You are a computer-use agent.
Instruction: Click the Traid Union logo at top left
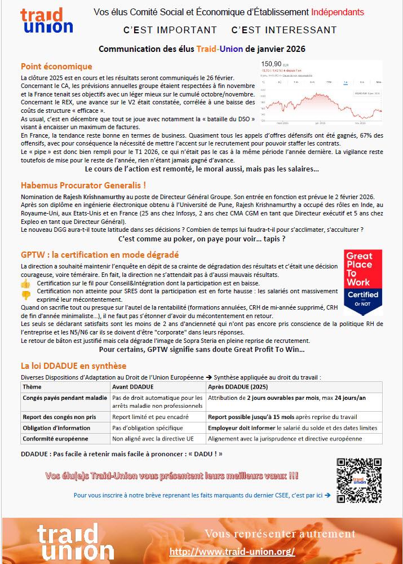click(46, 21)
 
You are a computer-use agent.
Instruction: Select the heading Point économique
click(56, 66)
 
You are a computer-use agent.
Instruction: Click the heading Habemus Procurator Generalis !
click(83, 185)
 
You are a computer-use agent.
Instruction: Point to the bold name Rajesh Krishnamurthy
click(94, 196)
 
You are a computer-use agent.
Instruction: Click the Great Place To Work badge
click(363, 282)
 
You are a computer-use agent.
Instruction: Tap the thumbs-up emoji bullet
click(25, 283)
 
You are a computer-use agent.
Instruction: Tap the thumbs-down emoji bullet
click(25, 294)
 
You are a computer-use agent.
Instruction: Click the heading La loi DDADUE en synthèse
click(73, 365)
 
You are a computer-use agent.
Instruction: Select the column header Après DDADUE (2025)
click(238, 387)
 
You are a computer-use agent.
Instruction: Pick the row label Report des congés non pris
click(59, 417)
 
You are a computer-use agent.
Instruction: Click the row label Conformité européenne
click(55, 438)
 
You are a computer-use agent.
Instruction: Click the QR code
click(359, 480)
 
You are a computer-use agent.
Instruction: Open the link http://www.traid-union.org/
click(232, 551)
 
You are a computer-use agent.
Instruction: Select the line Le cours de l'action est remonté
click(201, 169)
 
